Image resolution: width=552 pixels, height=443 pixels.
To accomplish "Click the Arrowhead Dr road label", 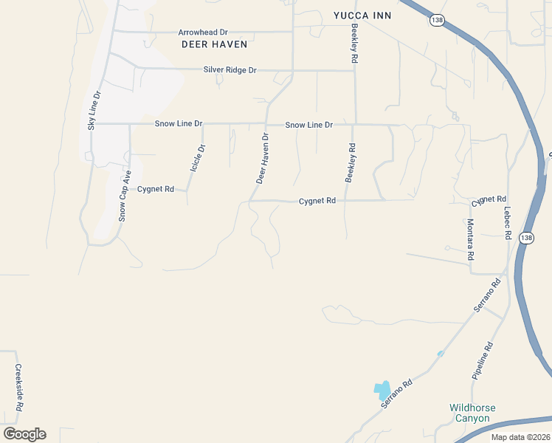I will tap(203, 32).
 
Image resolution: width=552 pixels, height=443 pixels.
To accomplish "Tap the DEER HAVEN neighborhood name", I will tap(214, 44).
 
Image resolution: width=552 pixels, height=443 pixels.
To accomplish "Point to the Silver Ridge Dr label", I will tap(230, 70).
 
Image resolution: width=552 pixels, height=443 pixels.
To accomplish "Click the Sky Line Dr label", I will tap(93, 111).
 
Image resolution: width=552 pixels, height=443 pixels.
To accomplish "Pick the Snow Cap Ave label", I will tap(125, 196).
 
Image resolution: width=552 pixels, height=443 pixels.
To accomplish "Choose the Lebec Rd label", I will tap(508, 222).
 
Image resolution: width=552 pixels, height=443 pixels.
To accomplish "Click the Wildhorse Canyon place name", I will tap(472, 413).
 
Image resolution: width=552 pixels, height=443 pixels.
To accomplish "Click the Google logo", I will tap(24, 434).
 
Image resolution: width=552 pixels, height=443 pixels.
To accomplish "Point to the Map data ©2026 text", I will tap(520, 437).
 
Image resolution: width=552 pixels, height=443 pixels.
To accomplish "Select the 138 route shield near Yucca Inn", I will tap(438, 21).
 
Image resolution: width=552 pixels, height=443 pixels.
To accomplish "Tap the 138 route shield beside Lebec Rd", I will tap(525, 238).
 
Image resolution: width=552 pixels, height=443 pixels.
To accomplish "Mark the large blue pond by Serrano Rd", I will tap(382, 390).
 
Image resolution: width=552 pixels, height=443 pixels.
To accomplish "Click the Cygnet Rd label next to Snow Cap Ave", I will tap(156, 189).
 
